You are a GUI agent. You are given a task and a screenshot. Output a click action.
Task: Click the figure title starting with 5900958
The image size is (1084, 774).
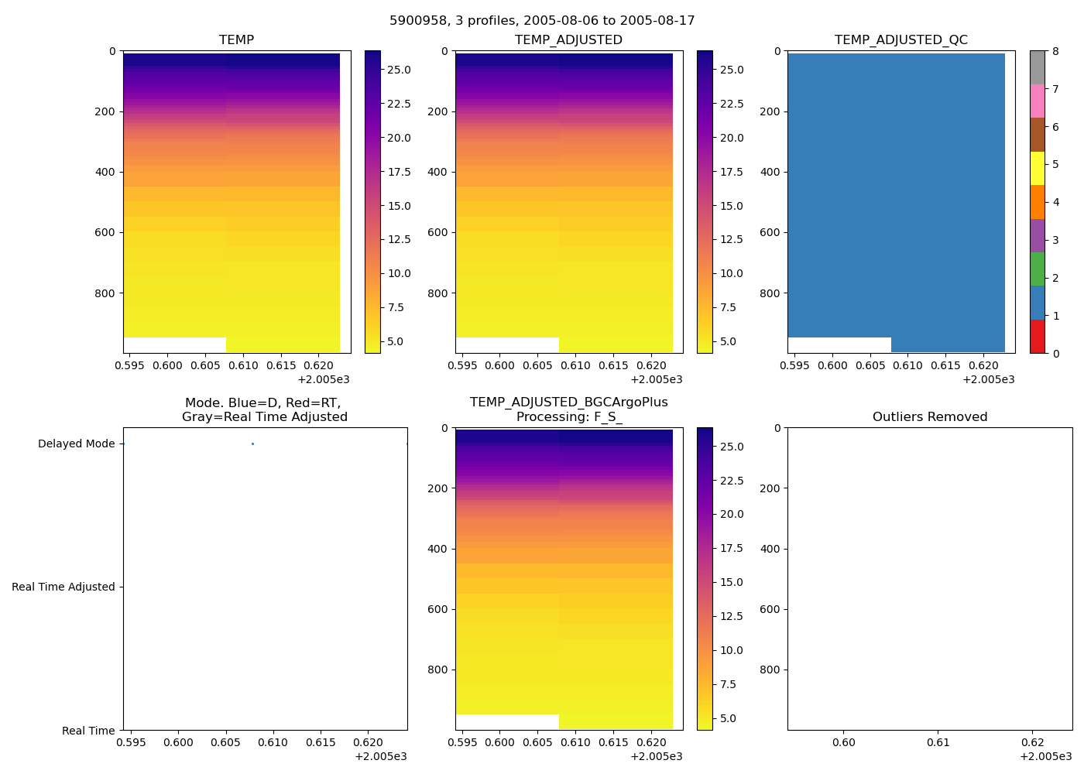click(x=542, y=21)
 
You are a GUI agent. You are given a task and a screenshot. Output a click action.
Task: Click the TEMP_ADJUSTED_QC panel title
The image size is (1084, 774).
click(x=900, y=39)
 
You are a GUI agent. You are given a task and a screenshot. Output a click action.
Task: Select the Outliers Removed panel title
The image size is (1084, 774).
click(x=929, y=416)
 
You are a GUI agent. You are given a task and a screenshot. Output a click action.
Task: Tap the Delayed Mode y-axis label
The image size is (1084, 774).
click(x=76, y=444)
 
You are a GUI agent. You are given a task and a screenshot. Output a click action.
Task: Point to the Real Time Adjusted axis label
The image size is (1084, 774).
click(x=63, y=587)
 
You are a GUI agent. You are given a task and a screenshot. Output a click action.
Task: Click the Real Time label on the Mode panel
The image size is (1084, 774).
click(x=88, y=731)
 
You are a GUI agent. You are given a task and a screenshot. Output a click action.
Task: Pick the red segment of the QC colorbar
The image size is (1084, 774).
click(x=1037, y=337)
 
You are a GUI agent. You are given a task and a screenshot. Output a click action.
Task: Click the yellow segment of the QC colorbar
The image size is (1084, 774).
click(x=1037, y=168)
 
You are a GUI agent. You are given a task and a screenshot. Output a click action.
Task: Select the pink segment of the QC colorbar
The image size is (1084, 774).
click(x=1037, y=101)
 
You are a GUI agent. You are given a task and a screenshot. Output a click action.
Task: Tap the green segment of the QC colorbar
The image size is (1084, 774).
click(x=1037, y=269)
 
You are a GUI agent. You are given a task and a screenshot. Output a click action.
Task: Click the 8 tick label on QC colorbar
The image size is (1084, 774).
click(x=1055, y=51)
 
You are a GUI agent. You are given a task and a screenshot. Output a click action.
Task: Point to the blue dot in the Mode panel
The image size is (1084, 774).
click(x=252, y=444)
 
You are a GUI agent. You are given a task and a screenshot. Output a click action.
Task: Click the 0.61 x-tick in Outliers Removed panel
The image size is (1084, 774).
click(x=938, y=742)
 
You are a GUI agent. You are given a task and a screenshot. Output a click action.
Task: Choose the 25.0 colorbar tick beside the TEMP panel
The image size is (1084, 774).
click(x=399, y=70)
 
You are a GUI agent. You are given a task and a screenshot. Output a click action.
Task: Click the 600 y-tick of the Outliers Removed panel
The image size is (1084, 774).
click(x=771, y=609)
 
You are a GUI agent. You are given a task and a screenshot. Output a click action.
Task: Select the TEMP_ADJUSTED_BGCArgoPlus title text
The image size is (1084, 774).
click(x=568, y=402)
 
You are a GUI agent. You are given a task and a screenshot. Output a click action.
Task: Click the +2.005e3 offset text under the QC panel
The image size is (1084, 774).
click(x=988, y=379)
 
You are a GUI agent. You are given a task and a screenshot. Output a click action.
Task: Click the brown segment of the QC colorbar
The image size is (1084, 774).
click(x=1037, y=135)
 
